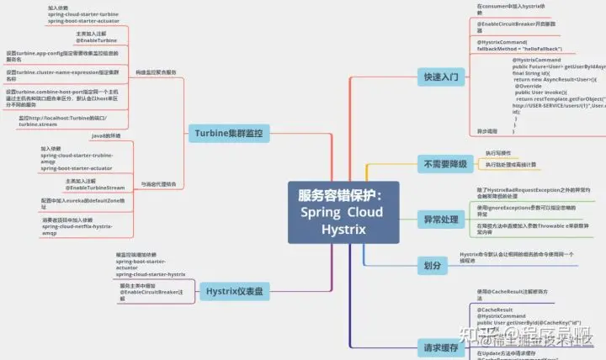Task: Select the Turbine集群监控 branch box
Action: (x=228, y=133)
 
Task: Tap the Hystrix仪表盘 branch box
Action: (x=234, y=292)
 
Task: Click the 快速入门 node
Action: (x=442, y=77)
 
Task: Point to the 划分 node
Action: (x=433, y=265)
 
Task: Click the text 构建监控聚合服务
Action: (x=156, y=72)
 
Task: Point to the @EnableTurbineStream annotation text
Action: (x=94, y=188)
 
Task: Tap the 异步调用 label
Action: (x=487, y=131)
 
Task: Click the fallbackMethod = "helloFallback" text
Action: (x=519, y=49)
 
